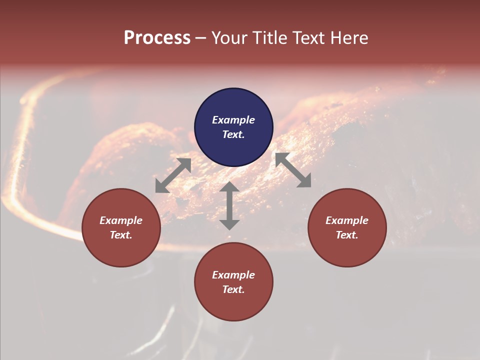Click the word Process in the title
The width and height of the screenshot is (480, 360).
(157, 38)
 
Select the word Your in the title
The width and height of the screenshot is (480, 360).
(230, 38)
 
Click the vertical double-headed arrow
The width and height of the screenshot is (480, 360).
(229, 205)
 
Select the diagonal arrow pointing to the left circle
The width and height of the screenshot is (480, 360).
(173, 175)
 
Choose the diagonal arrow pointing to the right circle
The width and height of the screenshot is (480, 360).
(293, 170)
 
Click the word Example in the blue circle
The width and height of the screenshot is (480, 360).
(233, 120)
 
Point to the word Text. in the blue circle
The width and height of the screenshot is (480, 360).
(233, 134)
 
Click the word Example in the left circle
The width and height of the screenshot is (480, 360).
(121, 220)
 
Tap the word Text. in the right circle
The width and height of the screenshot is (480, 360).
(347, 235)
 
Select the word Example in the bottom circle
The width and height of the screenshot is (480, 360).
(233, 275)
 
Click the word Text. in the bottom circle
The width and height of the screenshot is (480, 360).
(233, 289)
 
